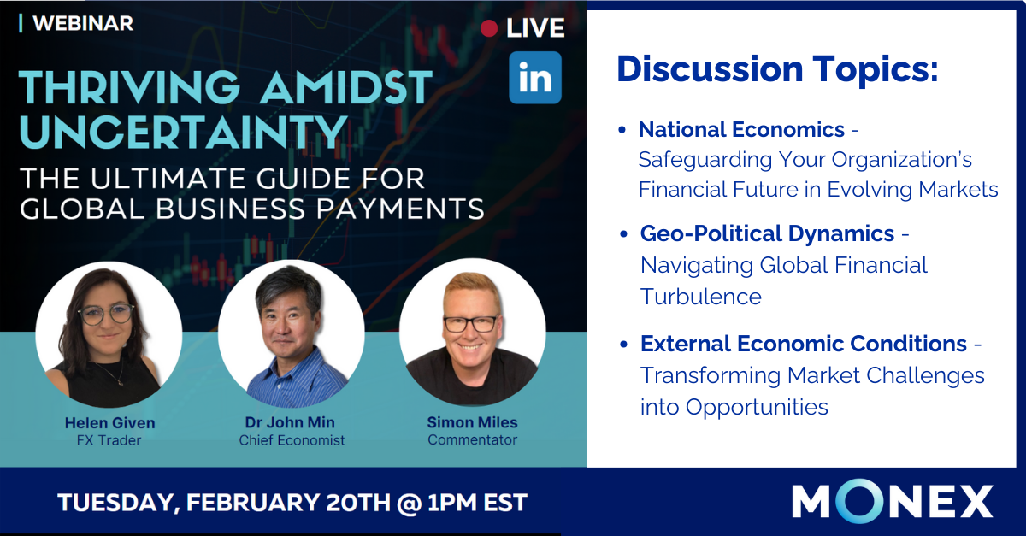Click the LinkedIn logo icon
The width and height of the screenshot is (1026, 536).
pos(535,78)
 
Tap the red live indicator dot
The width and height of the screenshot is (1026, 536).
pos(489,28)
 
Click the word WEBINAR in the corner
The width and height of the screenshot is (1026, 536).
pos(83,23)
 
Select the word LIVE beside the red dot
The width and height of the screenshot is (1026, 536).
pos(535,28)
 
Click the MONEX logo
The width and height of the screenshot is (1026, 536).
pos(893,501)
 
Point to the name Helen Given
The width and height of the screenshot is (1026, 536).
pos(110,423)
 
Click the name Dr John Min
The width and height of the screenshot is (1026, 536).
pos(290,422)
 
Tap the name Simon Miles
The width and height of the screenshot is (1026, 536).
pos(472,422)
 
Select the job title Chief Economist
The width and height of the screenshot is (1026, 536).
pos(292,440)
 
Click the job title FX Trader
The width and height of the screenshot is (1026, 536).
pos(109,440)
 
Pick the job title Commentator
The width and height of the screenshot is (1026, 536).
pos(472,439)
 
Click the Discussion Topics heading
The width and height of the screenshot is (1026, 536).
pos(778,69)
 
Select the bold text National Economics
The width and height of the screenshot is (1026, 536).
pos(741,130)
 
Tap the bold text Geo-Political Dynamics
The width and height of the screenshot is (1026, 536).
pos(767,234)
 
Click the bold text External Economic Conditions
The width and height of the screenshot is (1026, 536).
pos(804,344)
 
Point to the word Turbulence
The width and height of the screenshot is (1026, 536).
pos(701,297)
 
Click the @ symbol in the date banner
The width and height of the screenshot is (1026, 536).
pos(410,503)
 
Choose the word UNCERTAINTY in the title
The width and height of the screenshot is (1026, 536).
pos(183,132)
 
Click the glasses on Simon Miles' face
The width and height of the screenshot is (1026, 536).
pos(471,324)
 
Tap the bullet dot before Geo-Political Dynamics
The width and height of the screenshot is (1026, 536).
pos(623,234)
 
